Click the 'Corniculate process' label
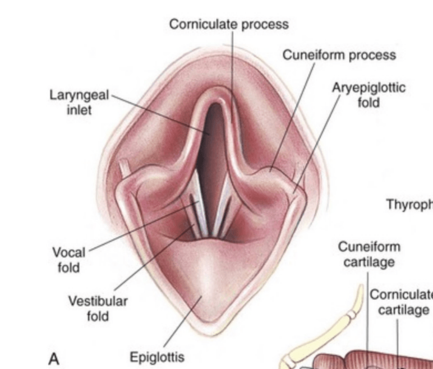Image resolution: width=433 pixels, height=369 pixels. (229, 25)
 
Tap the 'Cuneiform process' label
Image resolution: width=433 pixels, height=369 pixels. (339, 56)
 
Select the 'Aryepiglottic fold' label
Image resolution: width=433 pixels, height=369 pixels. (368, 95)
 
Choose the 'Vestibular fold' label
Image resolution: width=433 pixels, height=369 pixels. (98, 308)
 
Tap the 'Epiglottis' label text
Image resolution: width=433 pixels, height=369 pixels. (156, 357)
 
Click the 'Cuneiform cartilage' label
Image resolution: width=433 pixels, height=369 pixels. (369, 255)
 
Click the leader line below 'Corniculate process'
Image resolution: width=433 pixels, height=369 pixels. (232, 67)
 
